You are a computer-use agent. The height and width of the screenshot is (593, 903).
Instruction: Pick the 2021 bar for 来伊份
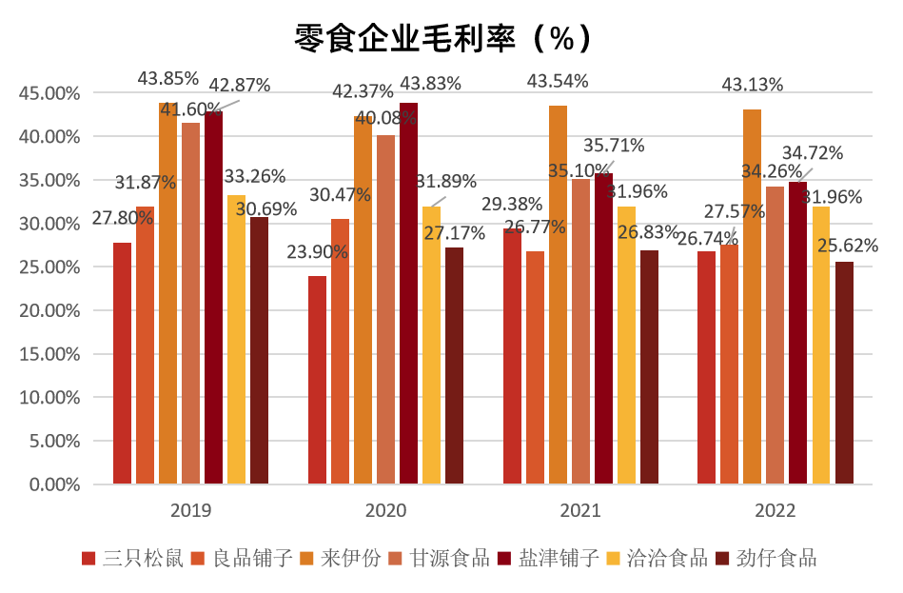coord(558,295)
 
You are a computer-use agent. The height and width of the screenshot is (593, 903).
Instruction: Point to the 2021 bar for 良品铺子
coord(535,367)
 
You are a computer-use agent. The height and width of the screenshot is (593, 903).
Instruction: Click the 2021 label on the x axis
coord(580,511)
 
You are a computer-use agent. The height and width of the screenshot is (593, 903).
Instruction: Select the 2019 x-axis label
coord(190,511)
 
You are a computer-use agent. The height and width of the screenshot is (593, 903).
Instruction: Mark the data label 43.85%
coord(167,78)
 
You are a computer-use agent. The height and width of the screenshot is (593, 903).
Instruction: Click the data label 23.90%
coord(317,253)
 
